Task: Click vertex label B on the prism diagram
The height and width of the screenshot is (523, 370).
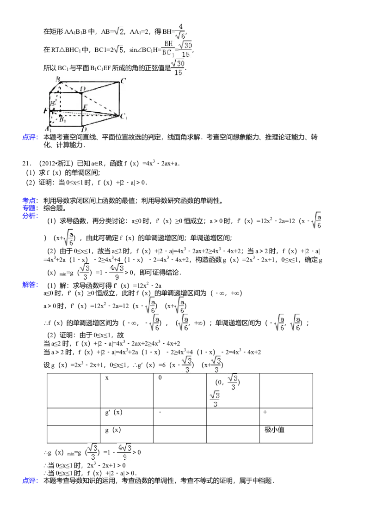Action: coord(58,79)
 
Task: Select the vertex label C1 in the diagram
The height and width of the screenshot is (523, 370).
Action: coord(124,116)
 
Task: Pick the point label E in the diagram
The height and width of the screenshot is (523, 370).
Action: coord(85,107)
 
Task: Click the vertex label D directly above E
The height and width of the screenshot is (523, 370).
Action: coord(83,88)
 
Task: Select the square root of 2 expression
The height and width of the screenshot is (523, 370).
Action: coord(118,31)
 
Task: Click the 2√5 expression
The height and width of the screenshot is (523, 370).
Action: coord(118,49)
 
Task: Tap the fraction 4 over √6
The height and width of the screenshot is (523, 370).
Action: coord(180,31)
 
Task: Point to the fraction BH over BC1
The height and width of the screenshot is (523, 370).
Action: coord(167,49)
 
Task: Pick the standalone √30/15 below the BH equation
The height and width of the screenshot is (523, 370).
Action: coord(178,68)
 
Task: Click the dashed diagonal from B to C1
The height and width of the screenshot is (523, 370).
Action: coord(88,98)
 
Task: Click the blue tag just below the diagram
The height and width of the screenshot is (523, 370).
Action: coord(31,137)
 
